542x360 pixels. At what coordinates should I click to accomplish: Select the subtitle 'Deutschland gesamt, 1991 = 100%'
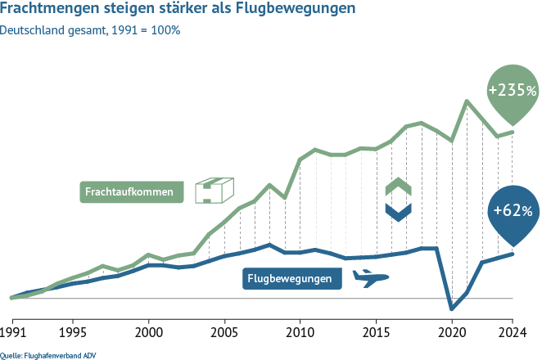91,31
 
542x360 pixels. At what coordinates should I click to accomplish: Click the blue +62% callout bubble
512,211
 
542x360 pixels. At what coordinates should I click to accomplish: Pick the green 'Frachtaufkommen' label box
132,193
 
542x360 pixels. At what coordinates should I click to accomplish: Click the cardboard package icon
214,191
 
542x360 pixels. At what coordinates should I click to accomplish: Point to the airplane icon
369,279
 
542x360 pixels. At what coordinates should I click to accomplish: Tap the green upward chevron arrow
397,186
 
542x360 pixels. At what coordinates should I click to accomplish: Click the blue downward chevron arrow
397,212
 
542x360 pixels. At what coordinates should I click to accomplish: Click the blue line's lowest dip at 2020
451,308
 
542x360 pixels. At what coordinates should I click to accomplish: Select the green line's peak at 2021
467,101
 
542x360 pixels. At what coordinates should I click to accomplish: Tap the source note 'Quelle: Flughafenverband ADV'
40,353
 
